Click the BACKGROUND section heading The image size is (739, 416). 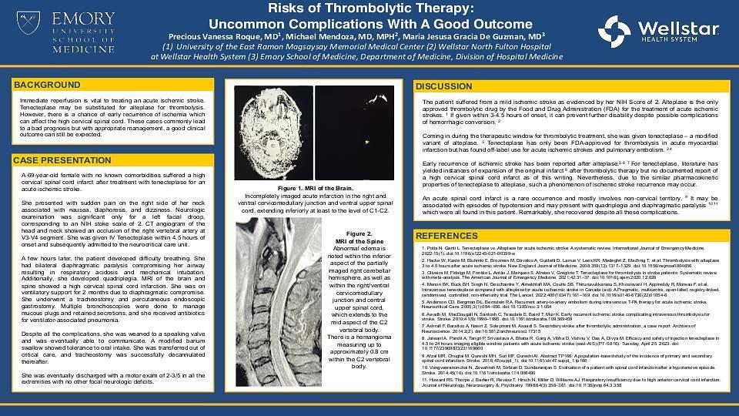(x=47, y=85)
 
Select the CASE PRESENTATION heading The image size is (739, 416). (x=62, y=160)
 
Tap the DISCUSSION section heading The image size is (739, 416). (x=443, y=87)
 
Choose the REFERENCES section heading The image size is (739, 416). (x=447, y=236)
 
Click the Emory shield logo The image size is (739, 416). (x=29, y=22)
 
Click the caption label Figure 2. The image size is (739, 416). (x=359, y=233)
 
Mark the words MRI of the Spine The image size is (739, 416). (x=359, y=242)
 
